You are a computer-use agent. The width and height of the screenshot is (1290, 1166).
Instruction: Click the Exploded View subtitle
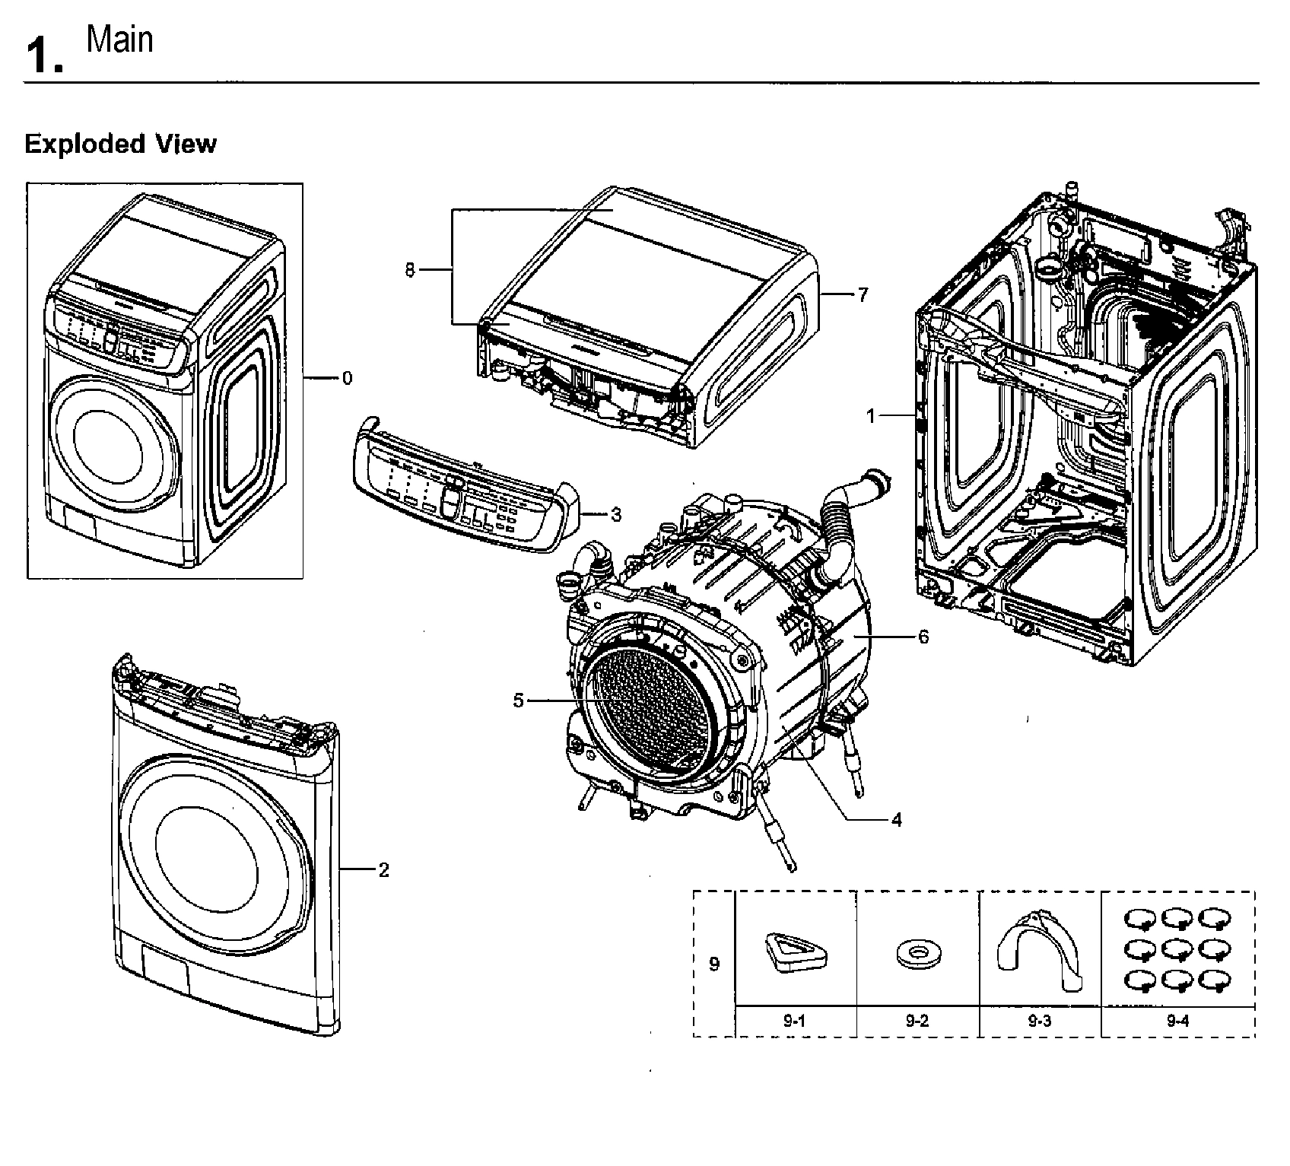pos(120,144)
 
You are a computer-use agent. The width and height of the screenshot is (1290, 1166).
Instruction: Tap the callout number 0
pos(347,378)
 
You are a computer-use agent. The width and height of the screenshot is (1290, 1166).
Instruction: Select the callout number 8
pos(410,270)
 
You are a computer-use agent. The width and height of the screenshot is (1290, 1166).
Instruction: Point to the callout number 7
pos(862,295)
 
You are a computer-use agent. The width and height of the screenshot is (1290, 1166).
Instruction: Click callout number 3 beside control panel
pos(615,515)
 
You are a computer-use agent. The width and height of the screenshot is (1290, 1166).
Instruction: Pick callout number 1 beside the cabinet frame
pos(872,415)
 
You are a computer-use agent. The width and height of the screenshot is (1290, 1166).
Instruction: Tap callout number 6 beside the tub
pos(923,636)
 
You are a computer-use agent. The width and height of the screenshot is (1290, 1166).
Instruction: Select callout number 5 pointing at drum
pos(518,701)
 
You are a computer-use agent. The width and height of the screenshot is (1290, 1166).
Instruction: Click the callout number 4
pos(896,820)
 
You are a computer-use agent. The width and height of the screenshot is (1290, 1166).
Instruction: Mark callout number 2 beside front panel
pos(383,869)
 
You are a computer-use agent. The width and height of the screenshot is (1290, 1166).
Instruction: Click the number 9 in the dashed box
pos(713,964)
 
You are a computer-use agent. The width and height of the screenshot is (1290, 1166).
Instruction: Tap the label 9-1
pos(795,1021)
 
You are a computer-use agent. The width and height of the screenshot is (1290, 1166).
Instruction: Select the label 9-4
pos(1177,1021)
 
